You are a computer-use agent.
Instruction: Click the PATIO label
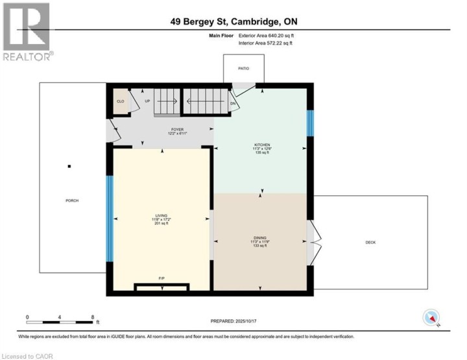(243, 67)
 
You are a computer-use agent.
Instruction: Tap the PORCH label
(72, 200)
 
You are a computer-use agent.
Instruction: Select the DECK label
(370, 243)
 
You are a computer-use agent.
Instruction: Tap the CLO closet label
(120, 102)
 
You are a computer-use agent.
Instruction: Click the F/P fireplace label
(162, 278)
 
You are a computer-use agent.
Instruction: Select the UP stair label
(147, 102)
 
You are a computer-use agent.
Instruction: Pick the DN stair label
(233, 103)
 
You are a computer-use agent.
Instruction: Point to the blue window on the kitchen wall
(310, 123)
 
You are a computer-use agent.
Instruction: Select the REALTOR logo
(26, 32)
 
